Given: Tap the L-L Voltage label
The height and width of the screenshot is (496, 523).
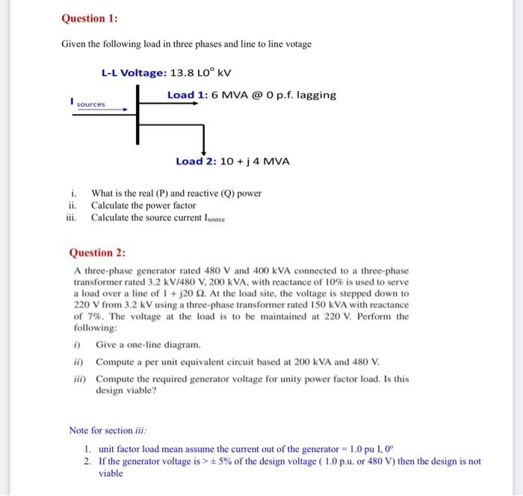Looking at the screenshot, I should pos(136,73).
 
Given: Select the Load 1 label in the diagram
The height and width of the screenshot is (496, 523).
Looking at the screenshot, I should pos(188,95).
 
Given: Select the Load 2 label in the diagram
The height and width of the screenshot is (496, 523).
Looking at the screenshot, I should pos(196,161).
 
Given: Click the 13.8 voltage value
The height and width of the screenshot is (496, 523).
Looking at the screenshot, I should pos(183,73).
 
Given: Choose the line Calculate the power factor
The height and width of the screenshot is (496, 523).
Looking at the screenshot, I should pos(143,205).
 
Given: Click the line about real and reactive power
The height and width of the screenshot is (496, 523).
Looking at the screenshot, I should pos(176,193).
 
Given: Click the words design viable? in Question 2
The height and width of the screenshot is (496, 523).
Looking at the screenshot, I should pos(126,390).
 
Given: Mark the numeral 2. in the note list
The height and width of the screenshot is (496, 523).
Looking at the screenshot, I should pos(87,461).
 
